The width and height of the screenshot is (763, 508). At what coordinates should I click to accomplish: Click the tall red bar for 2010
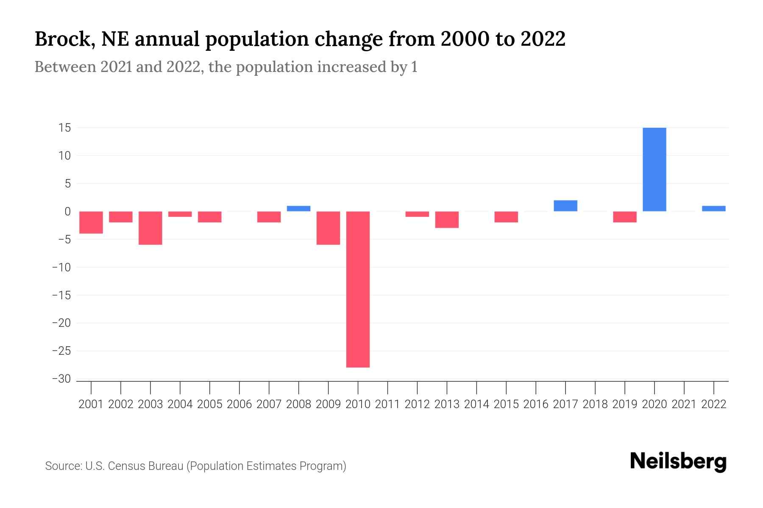pos(358,289)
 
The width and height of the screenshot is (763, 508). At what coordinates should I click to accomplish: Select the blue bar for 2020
pos(654,169)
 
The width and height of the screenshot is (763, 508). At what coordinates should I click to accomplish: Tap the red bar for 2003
pos(150,228)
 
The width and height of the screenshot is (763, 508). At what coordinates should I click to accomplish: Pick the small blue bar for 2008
pos(298,208)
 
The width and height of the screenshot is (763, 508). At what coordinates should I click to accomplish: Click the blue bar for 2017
pos(565,206)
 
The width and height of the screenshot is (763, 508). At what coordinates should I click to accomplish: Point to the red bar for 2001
pos(91,222)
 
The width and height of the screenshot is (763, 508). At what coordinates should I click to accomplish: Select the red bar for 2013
pos(447,219)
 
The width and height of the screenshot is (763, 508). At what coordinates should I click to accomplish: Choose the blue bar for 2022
pos(713,208)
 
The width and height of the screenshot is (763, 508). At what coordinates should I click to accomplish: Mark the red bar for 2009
pos(328,228)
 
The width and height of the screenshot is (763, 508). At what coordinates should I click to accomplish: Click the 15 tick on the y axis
pos(64,128)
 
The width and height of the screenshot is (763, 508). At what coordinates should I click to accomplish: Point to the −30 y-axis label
pos(61,379)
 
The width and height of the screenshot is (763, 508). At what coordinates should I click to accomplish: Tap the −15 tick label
pos(61,295)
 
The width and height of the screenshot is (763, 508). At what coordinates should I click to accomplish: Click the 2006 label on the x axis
pos(239,404)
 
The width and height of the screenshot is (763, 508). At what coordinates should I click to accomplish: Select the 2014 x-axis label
pos(476,404)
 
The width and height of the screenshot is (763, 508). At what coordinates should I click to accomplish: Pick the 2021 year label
pos(684,404)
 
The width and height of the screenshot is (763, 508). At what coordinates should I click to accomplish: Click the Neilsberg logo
pos(678,461)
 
